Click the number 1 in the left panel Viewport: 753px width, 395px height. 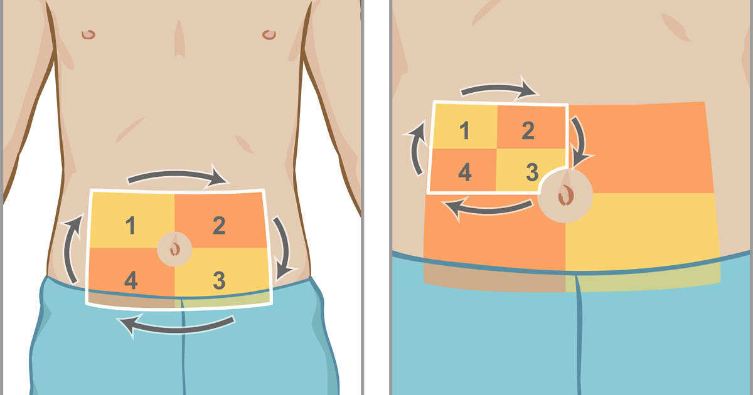click(x=131, y=225)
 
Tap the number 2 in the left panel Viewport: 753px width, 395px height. click(x=219, y=225)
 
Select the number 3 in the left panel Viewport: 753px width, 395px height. click(x=219, y=280)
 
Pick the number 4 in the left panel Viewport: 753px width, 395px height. click(x=131, y=280)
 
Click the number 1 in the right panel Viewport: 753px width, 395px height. click(x=464, y=130)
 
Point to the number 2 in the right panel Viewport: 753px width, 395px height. click(x=528, y=130)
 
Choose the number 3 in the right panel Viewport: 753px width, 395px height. click(x=532, y=172)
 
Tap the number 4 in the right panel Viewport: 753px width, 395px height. click(x=465, y=172)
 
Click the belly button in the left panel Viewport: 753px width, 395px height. click(x=175, y=249)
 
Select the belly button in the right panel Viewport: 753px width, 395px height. click(x=566, y=195)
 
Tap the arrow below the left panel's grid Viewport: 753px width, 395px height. click(x=175, y=328)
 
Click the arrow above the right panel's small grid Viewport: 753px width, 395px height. click(x=498, y=88)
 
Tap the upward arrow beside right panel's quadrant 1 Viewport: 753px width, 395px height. click(x=415, y=148)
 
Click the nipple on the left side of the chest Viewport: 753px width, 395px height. click(x=88, y=34)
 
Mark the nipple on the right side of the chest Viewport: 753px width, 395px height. click(x=269, y=34)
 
